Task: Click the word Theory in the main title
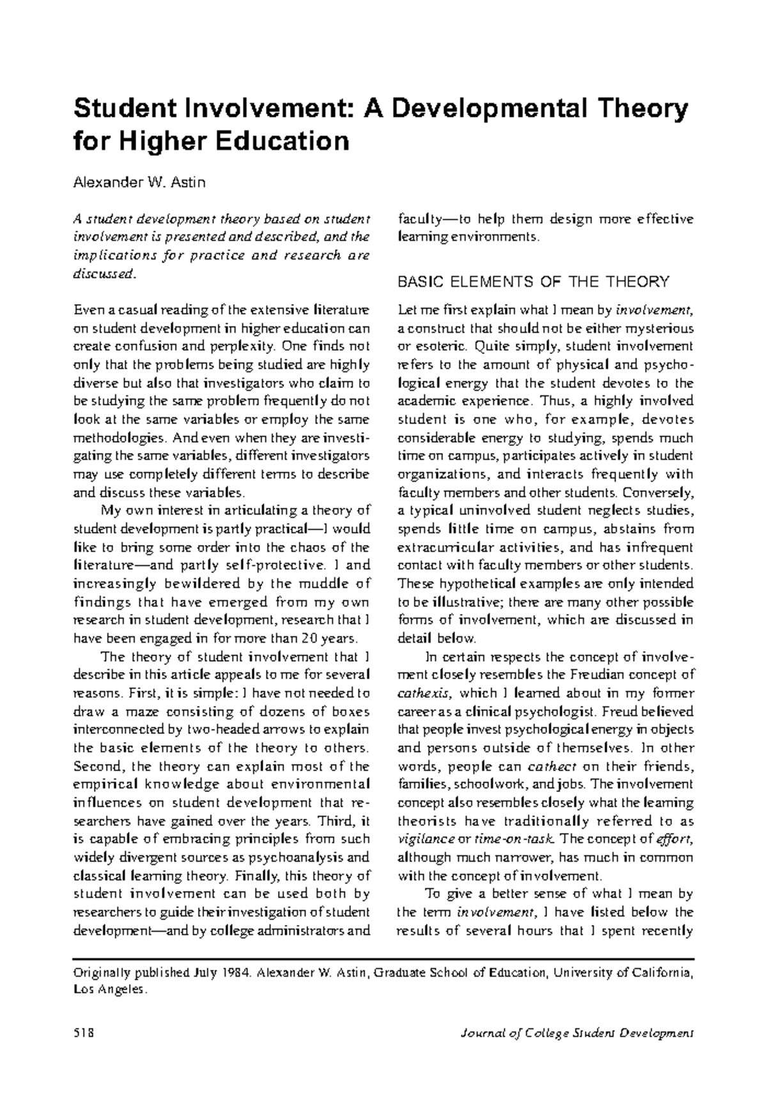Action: click(x=640, y=109)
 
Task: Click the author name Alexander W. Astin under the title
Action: click(x=139, y=183)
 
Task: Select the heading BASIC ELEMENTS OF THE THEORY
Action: click(x=533, y=281)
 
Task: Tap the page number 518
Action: click(x=84, y=1033)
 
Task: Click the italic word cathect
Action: click(x=550, y=766)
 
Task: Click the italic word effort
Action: click(x=678, y=839)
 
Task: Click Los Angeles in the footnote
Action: click(x=110, y=990)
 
